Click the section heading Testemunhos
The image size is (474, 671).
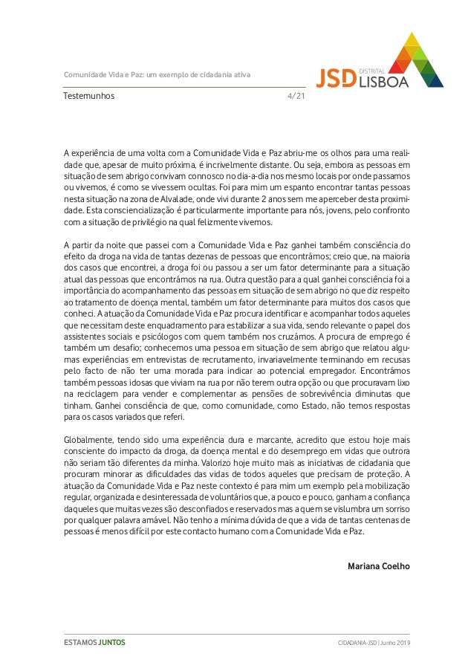88,96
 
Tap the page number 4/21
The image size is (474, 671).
296,96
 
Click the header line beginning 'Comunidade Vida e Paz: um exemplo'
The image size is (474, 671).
157,75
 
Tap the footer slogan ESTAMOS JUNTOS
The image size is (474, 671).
94,642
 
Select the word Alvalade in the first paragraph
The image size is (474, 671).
174,199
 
